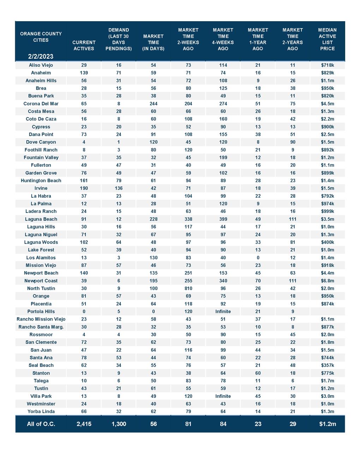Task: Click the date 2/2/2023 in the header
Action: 41,56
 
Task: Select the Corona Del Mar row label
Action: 41,104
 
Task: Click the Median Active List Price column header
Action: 327,39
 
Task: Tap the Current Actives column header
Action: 84,46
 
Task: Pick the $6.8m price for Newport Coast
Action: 327,281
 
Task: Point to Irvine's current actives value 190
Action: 84,189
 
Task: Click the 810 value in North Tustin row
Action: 188,288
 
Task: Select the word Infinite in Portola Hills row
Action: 223,312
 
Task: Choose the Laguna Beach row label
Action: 41,219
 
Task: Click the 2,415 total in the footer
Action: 84,424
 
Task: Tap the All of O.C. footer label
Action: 41,424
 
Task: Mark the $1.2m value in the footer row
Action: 327,424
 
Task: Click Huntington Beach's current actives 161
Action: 84,181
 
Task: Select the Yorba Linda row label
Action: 41,412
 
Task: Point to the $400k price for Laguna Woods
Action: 327,243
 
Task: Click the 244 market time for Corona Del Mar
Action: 153,104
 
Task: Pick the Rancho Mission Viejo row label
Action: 41,319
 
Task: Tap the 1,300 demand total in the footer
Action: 119,424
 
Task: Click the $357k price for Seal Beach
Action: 327,365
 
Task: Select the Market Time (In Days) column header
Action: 153,42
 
